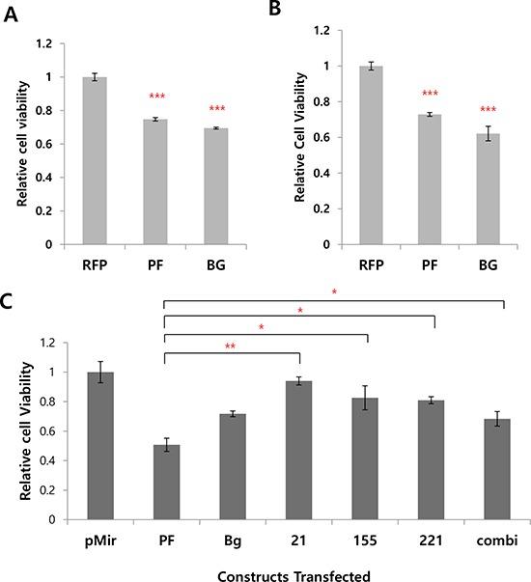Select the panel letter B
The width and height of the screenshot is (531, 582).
coord(273,11)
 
